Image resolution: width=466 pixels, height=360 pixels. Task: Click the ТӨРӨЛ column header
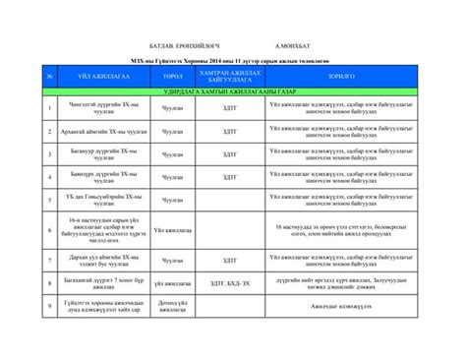(173, 75)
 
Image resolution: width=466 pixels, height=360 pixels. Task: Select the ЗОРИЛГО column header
(341, 75)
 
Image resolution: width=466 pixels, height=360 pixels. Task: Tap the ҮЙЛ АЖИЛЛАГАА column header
(105, 75)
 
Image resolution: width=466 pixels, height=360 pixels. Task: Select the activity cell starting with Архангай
(105, 131)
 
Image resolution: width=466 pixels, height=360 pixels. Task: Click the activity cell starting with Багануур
(105, 154)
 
